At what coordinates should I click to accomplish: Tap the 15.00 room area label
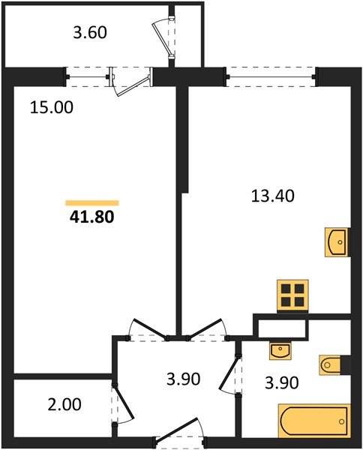(51, 107)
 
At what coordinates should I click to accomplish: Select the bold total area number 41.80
(92, 218)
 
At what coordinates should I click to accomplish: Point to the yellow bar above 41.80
(92, 202)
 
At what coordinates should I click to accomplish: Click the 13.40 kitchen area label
(271, 196)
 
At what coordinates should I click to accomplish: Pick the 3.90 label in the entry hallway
(182, 379)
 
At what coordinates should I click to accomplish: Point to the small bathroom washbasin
(280, 349)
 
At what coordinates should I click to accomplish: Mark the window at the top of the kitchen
(271, 73)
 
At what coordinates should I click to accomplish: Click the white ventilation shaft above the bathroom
(282, 327)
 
